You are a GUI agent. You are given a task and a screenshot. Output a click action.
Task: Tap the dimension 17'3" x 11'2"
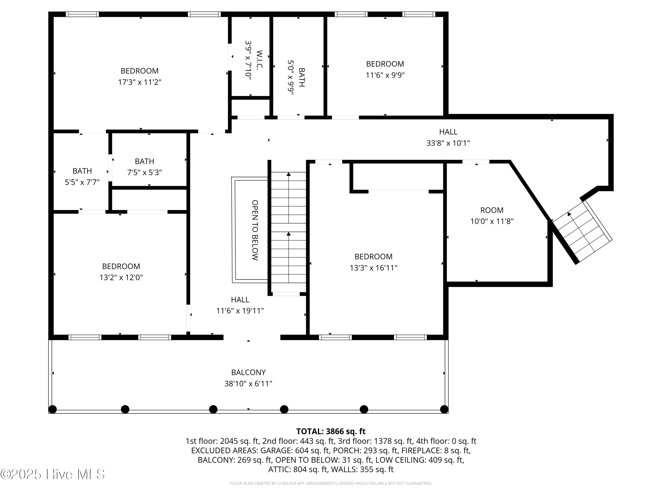coord(139,82)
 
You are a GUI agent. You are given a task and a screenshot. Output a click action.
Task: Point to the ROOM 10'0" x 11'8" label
coord(492,216)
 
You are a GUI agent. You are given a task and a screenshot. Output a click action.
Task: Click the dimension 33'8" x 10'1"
coord(448,143)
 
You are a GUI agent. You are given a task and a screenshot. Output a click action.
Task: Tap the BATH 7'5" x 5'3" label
coord(145,167)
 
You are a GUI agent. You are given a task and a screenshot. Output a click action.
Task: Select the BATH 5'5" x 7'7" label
coord(82,176)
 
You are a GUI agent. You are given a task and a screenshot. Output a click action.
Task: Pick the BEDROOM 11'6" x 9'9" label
coord(385,69)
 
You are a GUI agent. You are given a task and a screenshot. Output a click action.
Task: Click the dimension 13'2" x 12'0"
coord(121,277)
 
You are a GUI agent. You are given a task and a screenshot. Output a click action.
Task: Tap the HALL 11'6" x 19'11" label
coord(240,305)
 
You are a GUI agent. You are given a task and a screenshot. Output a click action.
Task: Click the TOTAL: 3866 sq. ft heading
coord(331,431)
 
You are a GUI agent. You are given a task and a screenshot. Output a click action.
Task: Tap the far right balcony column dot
coord(444,409)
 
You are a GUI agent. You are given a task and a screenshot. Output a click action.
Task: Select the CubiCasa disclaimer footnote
coord(331,483)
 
